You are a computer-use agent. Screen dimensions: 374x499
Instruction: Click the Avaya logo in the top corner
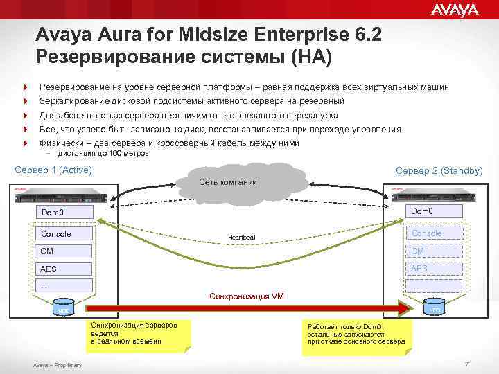click(x=455, y=10)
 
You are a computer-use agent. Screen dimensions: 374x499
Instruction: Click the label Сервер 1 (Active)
click(x=53, y=170)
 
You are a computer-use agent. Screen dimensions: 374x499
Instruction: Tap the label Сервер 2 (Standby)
click(x=439, y=170)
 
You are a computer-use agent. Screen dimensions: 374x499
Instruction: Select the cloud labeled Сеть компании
click(x=228, y=181)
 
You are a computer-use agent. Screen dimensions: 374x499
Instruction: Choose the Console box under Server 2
click(x=433, y=233)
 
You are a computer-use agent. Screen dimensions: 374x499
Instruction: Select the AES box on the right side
click(x=433, y=268)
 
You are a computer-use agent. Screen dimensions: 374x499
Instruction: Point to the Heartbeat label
click(x=242, y=238)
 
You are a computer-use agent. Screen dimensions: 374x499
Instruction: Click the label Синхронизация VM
click(x=246, y=296)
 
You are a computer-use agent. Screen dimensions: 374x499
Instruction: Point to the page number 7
click(x=466, y=364)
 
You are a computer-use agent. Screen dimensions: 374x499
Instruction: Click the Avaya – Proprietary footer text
click(x=57, y=365)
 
